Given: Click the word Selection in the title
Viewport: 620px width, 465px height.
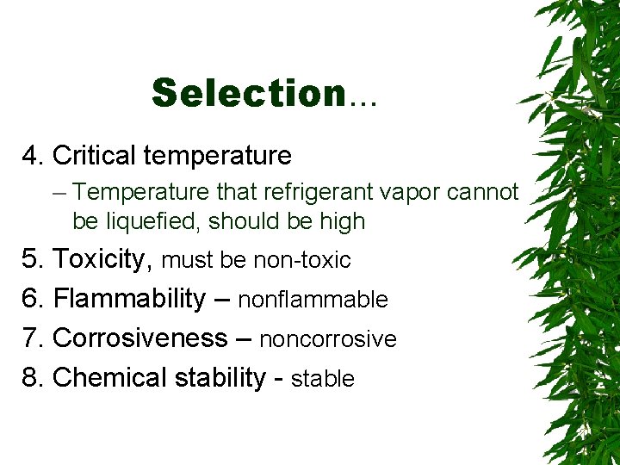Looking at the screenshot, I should (248, 93).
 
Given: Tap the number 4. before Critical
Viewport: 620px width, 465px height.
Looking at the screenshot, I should (34, 156).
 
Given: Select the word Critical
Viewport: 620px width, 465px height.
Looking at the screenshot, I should (94, 156).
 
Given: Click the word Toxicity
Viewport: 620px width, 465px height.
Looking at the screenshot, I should (103, 259).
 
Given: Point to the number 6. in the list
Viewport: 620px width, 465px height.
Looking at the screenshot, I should (34, 299).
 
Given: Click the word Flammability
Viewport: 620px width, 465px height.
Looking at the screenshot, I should (129, 299).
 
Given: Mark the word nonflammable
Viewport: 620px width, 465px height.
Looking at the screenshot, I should (313, 300).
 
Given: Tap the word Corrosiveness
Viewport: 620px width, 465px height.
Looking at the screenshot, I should (139, 338).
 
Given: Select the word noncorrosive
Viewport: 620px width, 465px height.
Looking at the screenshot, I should (327, 339).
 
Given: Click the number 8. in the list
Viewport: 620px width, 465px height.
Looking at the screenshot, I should (34, 377).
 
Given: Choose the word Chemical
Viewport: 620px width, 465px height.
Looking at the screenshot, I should (110, 377).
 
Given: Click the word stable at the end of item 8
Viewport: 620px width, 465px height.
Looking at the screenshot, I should (323, 378).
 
